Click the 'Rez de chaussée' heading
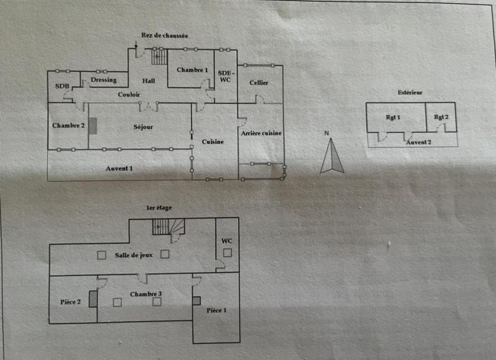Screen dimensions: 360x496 click(164, 36)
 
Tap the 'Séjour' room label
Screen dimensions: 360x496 click(143, 127)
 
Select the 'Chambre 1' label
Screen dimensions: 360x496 click(192, 70)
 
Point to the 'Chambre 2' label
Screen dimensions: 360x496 click(68, 126)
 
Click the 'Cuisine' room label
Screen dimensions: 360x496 click(213, 142)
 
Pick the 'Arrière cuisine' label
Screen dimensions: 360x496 click(261, 133)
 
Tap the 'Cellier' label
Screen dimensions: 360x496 click(259, 82)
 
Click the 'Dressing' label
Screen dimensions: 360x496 click(104, 80)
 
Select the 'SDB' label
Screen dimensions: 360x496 click(62, 86)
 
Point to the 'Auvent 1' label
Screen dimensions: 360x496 click(119, 168)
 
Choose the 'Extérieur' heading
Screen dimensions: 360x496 click(410, 92)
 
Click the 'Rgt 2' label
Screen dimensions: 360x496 click(441, 117)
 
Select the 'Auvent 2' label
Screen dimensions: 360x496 click(418, 142)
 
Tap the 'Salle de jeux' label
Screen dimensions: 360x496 click(133, 255)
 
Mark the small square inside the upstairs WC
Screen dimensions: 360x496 click(228, 252)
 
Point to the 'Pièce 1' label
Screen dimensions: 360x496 click(217, 310)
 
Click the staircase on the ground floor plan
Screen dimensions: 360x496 click(160, 57)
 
